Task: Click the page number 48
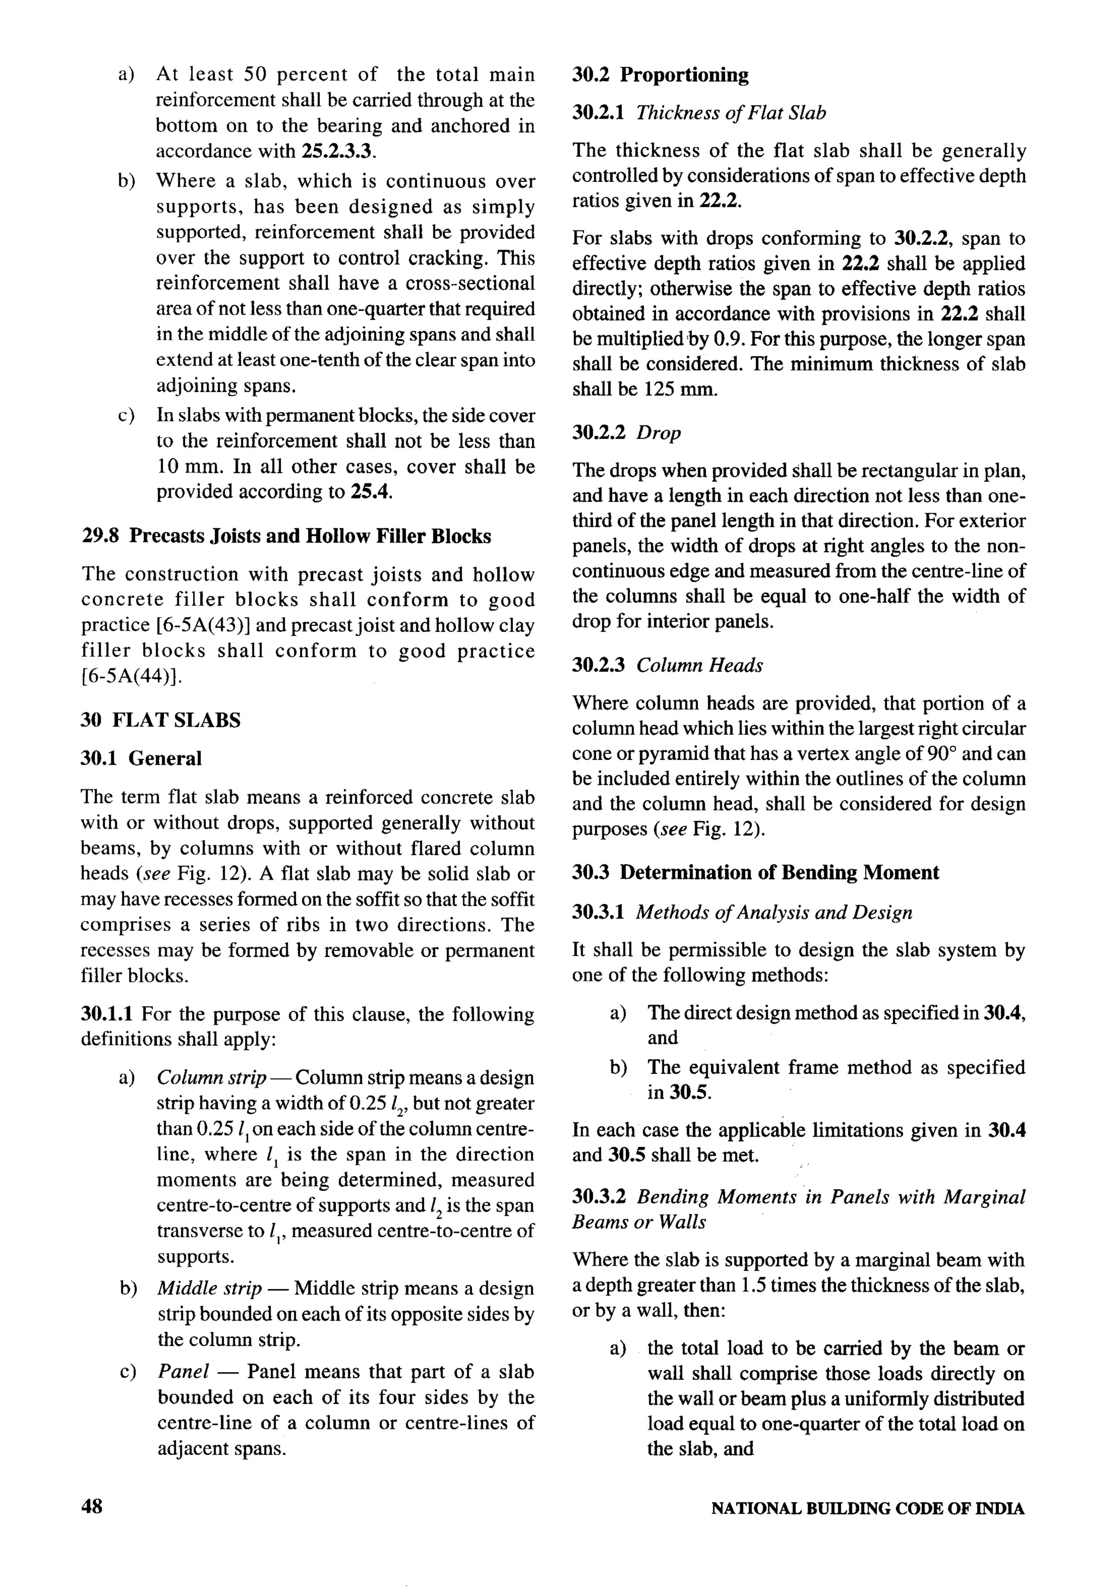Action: [x=92, y=1506]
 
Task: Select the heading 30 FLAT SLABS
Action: [x=161, y=720]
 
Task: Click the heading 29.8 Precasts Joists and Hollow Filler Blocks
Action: [x=286, y=536]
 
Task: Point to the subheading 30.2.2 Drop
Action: [x=626, y=432]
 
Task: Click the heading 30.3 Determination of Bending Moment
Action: [x=755, y=872]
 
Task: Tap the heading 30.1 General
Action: [x=141, y=758]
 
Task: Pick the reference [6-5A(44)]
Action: [x=132, y=676]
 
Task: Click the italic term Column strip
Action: [x=211, y=1078]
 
